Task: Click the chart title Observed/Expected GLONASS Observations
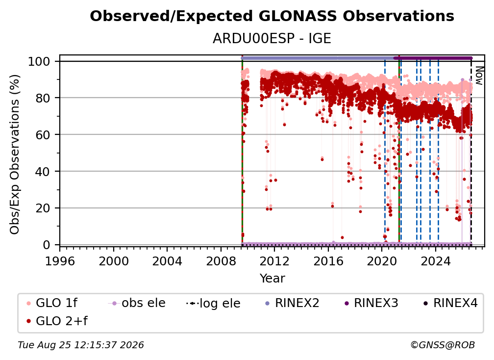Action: click(272, 16)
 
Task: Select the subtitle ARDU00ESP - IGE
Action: click(272, 39)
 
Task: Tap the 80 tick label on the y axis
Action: click(43, 98)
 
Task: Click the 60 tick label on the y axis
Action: click(43, 134)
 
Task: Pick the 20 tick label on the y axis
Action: click(43, 208)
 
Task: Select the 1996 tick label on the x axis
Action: click(60, 261)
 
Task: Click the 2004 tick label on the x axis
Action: click(167, 261)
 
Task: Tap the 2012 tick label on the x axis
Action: click(274, 261)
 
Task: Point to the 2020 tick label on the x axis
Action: click(381, 261)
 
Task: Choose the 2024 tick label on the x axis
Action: click(435, 261)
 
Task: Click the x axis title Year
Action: click(272, 279)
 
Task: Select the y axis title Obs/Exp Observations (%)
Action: click(15, 154)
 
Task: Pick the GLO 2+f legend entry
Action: click(57, 321)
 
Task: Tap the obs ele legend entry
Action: click(137, 303)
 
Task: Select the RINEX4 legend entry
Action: click(450, 303)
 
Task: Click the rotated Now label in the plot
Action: click(479, 76)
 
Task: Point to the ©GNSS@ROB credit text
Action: click(443, 345)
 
